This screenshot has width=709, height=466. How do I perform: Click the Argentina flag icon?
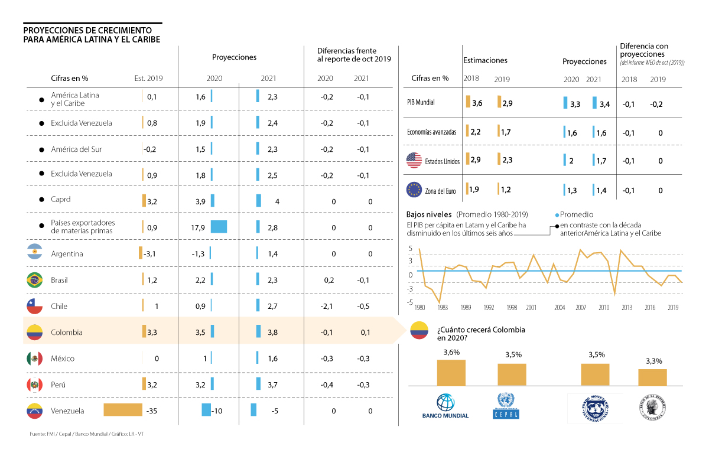click(x=34, y=254)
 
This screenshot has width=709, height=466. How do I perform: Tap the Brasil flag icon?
click(x=34, y=280)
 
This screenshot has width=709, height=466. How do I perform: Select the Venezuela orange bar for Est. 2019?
click(x=123, y=410)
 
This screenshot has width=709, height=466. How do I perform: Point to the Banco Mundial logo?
click(x=445, y=406)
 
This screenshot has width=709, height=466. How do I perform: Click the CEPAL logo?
click(x=506, y=406)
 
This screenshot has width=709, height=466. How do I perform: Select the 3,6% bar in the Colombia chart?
click(x=451, y=372)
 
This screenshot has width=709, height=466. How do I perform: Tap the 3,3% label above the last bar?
click(x=653, y=361)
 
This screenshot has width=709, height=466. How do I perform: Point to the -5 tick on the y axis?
click(x=410, y=302)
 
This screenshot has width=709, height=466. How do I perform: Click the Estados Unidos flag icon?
click(x=414, y=160)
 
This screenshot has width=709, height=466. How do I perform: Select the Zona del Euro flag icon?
click(x=414, y=190)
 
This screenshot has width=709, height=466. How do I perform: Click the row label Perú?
click(x=58, y=384)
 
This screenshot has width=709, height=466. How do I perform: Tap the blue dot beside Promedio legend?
click(x=557, y=215)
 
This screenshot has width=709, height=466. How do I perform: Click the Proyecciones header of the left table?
click(x=235, y=57)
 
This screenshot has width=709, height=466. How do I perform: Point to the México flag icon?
click(x=34, y=359)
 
